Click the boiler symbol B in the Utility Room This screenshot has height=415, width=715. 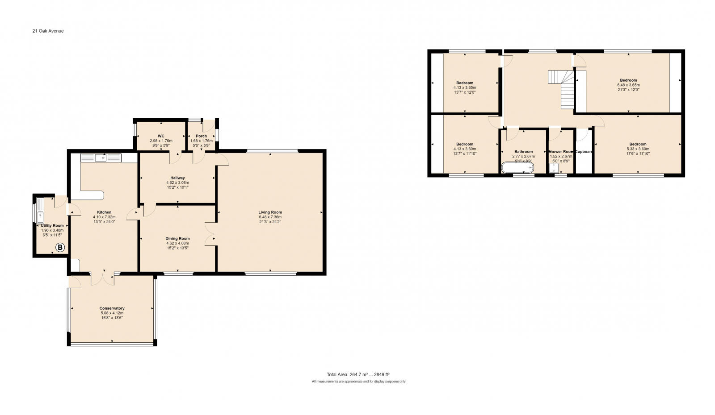pos(60,247)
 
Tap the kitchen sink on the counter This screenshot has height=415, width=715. pos(101,158)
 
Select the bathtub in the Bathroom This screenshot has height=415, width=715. pos(517,168)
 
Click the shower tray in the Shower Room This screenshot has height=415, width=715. pos(554,168)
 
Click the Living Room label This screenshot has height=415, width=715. pos(270,212)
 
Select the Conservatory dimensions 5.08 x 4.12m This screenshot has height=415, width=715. pos(112,313)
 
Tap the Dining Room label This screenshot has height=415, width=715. pos(178,239)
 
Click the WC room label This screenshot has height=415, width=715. pos(161,136)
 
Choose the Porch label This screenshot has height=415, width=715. pos(201,136)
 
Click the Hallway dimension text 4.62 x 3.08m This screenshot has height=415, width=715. pos(177,183)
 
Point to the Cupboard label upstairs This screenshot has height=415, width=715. pos(584,152)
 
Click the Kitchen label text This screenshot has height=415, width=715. pos(104,212)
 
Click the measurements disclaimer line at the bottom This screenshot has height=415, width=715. pos(358,382)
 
